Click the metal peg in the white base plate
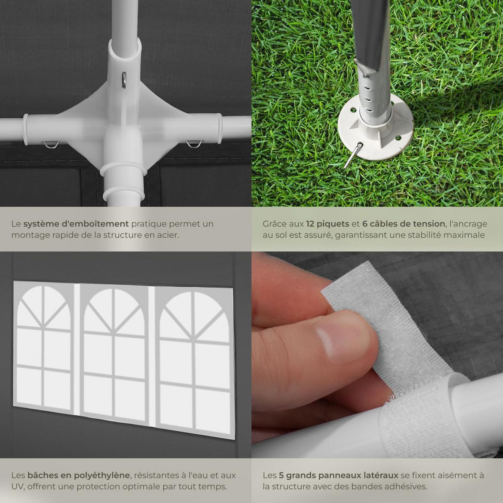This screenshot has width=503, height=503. point(353,156)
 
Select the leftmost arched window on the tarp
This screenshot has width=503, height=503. point(43,347)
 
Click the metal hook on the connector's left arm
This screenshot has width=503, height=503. point(51,144)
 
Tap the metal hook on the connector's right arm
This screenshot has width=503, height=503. point(194,144)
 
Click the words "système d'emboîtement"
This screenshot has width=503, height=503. point(76,224)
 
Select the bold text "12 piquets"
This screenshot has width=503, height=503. point(328,224)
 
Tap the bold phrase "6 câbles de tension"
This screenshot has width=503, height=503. point(404,224)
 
